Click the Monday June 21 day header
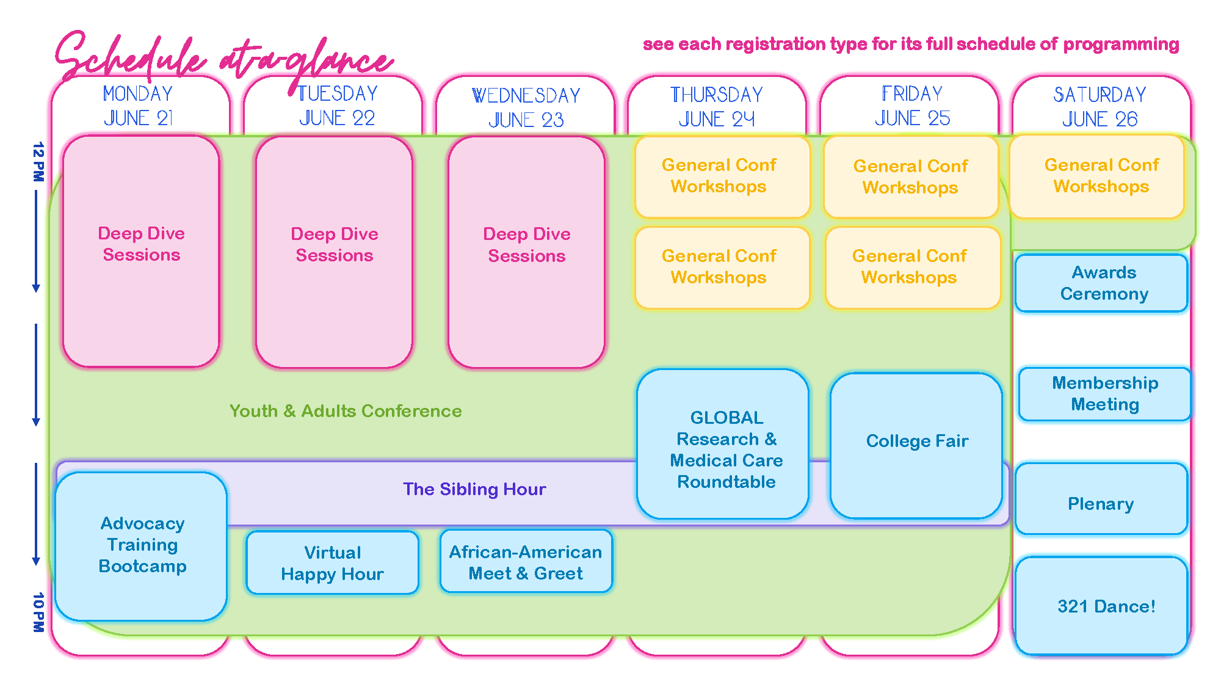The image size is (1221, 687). [138, 106]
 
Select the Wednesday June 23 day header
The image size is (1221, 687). [526, 107]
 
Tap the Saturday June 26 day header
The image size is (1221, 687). [1100, 106]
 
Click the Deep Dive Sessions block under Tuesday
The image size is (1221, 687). [335, 252]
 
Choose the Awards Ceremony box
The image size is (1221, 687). [1102, 283]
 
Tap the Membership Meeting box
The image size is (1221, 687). [1104, 394]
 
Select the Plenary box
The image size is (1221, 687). [1101, 499]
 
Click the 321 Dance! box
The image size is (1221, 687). [1101, 606]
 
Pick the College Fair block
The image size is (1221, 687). [916, 446]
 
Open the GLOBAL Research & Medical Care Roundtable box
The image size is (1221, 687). [723, 444]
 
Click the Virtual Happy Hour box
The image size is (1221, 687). [333, 562]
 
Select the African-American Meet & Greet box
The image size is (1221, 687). [526, 561]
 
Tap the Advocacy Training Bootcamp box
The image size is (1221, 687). [141, 547]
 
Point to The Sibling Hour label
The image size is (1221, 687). [474, 489]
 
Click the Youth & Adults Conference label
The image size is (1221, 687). [346, 411]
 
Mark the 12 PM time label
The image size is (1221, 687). [38, 162]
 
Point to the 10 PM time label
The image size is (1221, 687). [38, 612]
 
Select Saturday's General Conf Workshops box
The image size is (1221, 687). [1097, 176]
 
